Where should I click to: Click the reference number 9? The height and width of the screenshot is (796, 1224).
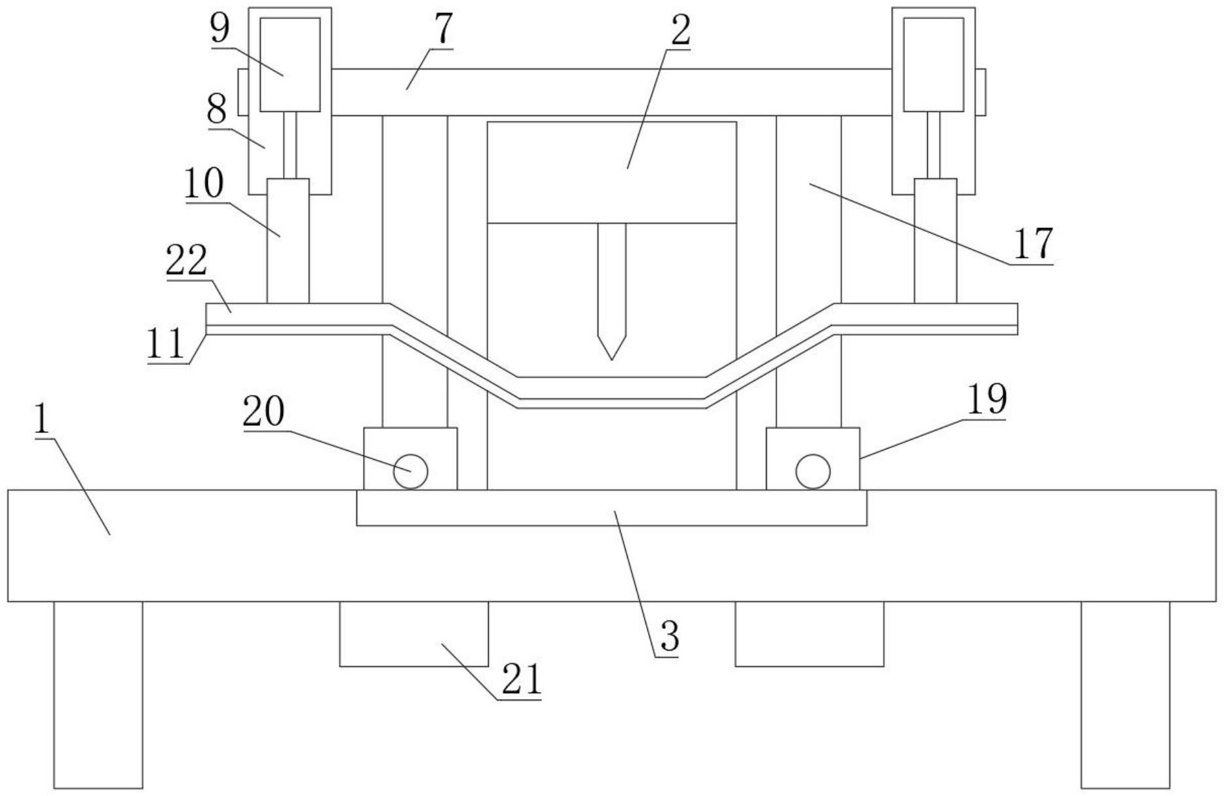[x=220, y=29]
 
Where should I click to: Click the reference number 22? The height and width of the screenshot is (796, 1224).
[x=187, y=261]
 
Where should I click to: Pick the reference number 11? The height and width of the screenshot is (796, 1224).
[x=166, y=345]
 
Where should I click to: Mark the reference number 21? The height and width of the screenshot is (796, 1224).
[x=522, y=680]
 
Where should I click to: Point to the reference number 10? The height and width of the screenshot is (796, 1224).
[x=204, y=185]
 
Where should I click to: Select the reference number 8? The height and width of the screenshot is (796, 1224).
[x=217, y=109]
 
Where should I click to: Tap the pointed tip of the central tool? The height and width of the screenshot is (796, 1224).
[x=611, y=358]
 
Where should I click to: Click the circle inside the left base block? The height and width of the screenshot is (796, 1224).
[x=411, y=471]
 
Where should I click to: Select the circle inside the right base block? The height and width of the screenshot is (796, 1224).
[x=813, y=471]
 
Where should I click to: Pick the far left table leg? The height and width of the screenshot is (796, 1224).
[x=98, y=694]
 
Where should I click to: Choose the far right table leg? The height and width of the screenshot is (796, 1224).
[x=1125, y=694]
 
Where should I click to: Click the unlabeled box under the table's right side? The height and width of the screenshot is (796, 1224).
[x=809, y=634]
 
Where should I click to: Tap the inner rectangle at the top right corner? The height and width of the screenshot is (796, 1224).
[x=934, y=64]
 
